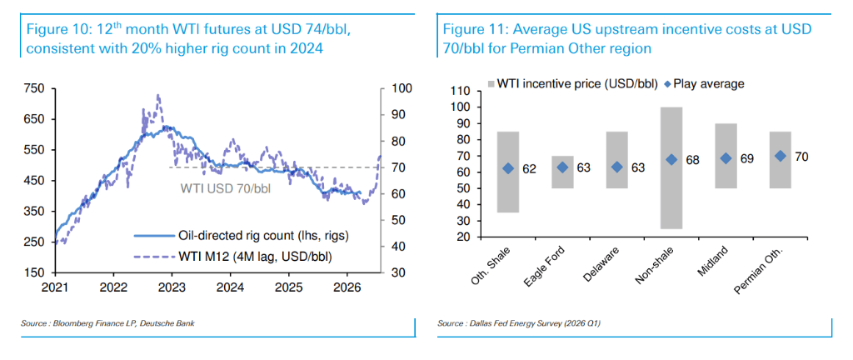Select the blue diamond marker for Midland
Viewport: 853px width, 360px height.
[726, 158]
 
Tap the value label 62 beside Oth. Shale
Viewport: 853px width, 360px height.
[529, 168]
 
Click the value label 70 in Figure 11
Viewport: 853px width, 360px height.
[801, 156]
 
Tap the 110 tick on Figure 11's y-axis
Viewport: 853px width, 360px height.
[458, 91]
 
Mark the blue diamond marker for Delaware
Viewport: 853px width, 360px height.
[617, 167]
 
